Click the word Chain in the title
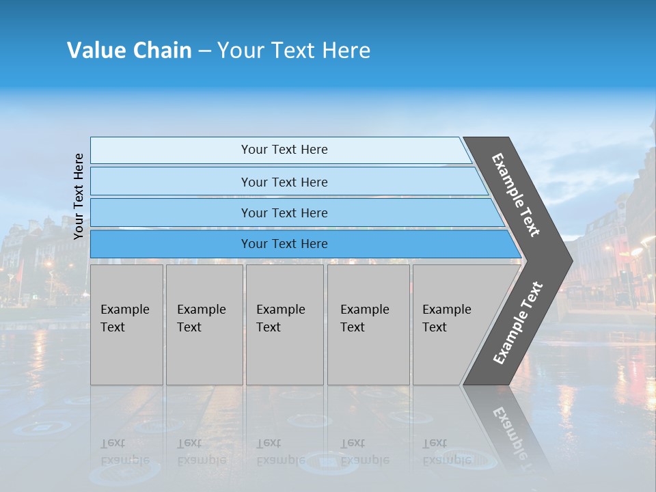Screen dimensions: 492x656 (x=163, y=51)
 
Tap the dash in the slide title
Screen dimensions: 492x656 (x=204, y=51)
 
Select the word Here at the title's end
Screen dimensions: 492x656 (x=346, y=51)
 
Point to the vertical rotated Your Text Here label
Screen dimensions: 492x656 (x=79, y=196)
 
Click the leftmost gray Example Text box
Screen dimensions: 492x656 (x=126, y=325)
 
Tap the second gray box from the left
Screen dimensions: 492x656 (x=204, y=325)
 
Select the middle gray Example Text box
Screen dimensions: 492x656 (x=284, y=325)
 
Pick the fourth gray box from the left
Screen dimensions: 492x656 (x=368, y=325)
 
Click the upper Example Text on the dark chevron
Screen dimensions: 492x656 (x=517, y=194)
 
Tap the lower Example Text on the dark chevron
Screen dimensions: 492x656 (x=518, y=323)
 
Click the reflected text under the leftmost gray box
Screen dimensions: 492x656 (x=124, y=452)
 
